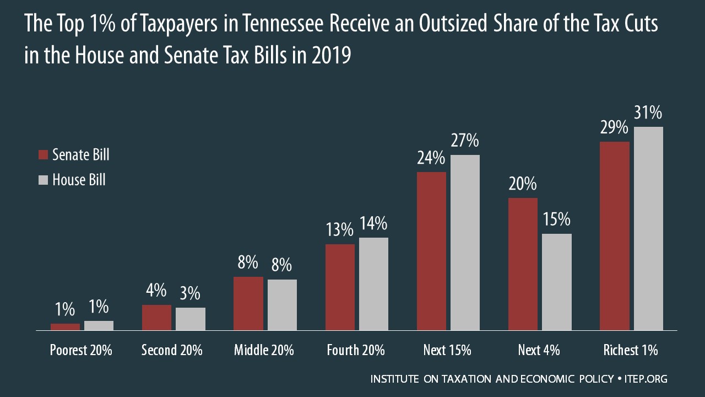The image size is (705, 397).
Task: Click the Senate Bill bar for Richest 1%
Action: click(615, 236)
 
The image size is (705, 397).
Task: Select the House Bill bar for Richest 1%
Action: click(648, 228)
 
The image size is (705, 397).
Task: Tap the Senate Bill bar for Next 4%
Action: click(523, 264)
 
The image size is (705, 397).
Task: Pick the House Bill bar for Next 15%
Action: click(465, 243)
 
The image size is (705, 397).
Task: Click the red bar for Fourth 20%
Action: click(340, 287)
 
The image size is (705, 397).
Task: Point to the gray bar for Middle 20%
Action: click(282, 305)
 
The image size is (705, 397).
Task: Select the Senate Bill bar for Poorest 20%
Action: click(65, 327)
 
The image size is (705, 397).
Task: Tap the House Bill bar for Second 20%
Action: click(191, 319)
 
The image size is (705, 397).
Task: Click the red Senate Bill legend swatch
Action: click(44, 155)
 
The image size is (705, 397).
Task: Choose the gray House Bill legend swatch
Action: click(44, 180)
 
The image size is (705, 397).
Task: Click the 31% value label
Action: click(648, 113)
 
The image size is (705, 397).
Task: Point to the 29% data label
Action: click(614, 128)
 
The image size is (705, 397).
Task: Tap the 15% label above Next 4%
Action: click(556, 219)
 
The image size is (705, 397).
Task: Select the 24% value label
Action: click(431, 158)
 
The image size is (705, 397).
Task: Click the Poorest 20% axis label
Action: click(81, 350)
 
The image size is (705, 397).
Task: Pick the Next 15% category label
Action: click(447, 350)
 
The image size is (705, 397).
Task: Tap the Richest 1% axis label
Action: click(631, 350)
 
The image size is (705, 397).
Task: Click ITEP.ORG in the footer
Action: click(647, 379)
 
